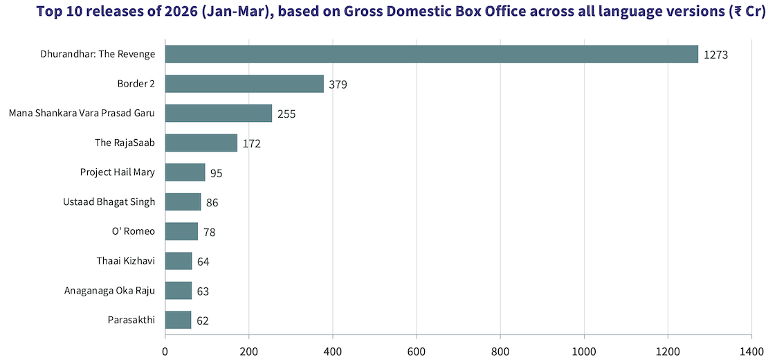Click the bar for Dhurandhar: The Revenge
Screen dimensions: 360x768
(432, 54)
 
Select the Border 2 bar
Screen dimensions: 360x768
(244, 84)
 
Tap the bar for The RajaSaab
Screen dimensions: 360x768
(201, 143)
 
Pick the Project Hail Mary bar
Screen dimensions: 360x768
(185, 172)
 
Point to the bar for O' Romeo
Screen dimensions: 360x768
(181, 231)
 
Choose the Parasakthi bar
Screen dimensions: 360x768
(178, 320)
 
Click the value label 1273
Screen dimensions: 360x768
(717, 55)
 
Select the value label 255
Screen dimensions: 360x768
(286, 114)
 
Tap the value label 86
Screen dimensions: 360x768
(212, 203)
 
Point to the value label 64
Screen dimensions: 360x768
(203, 262)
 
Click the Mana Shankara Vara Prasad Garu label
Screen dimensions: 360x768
(82, 113)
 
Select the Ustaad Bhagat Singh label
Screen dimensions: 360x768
(109, 201)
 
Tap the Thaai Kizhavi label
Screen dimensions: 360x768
(125, 261)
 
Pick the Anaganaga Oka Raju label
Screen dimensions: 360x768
(109, 290)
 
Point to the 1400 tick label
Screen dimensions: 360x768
(751, 351)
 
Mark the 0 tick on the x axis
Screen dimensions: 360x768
(165, 351)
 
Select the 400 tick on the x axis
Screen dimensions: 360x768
(333, 351)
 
